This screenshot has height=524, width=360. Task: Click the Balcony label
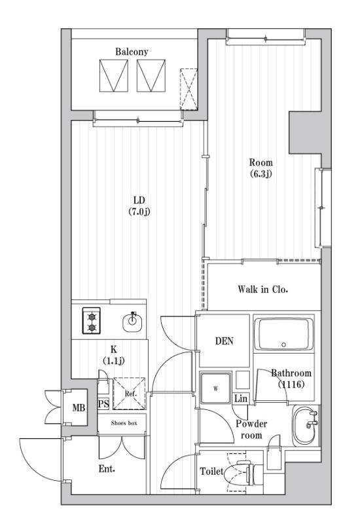coord(132,51)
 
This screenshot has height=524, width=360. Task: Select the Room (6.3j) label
coord(261,168)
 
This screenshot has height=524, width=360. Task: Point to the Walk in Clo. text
coord(263,288)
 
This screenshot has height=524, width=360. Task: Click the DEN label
coord(224,341)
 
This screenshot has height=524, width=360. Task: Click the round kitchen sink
coord(133,321)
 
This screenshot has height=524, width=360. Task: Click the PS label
coord(103,405)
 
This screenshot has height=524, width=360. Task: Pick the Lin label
coord(241,398)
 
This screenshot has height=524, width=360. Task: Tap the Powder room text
coord(251,429)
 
